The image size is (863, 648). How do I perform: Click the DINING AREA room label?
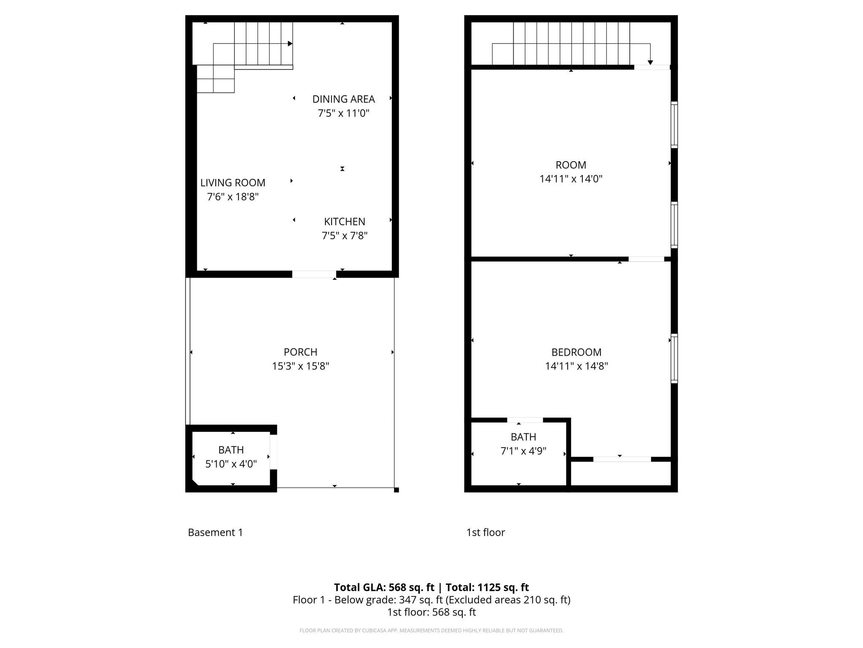(343, 99)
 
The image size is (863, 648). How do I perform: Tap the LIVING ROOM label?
(233, 183)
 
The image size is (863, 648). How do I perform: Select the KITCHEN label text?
(345, 221)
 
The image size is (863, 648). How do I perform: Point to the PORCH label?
(300, 352)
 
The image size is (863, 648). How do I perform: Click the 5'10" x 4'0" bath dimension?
(231, 464)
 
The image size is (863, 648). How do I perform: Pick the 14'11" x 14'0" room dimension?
(571, 179)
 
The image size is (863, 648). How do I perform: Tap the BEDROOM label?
(576, 352)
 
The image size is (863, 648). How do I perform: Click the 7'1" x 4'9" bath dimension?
(523, 451)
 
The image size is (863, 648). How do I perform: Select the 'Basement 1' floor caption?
(215, 532)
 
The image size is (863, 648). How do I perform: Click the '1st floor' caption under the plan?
(485, 532)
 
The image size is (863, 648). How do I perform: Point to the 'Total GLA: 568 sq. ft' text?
(384, 587)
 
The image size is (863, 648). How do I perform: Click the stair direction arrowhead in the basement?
(290, 44)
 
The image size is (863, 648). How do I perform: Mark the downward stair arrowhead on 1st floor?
(650, 62)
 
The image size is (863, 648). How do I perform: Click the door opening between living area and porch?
(314, 274)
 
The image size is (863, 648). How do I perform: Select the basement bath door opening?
(273, 452)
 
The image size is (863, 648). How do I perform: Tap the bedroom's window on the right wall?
(674, 359)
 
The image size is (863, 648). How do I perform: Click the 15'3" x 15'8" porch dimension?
(300, 366)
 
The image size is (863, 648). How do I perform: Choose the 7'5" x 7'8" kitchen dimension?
(345, 235)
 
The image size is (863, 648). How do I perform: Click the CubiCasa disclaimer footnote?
(431, 631)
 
